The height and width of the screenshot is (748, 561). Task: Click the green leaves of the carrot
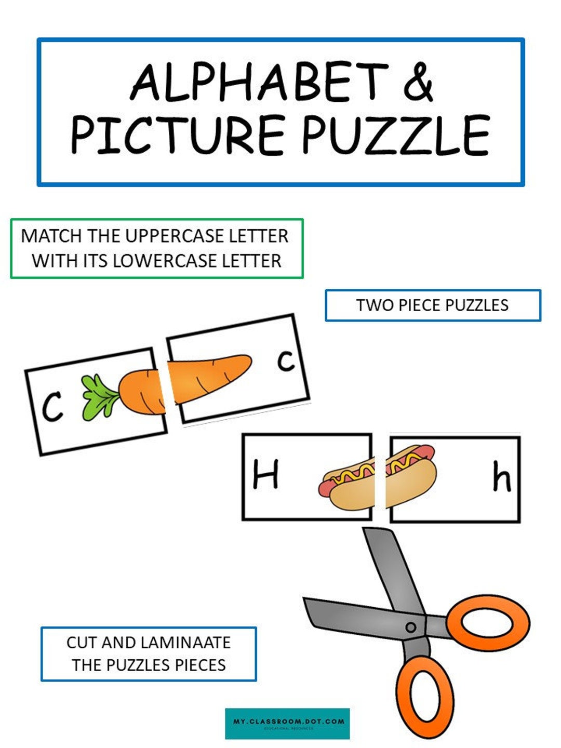[99, 397]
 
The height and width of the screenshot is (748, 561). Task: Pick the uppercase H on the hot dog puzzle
[265, 475]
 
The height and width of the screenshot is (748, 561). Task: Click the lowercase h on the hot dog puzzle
[501, 478]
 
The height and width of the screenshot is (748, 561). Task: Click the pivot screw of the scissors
[411, 627]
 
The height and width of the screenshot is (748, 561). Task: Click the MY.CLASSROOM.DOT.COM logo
[288, 723]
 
